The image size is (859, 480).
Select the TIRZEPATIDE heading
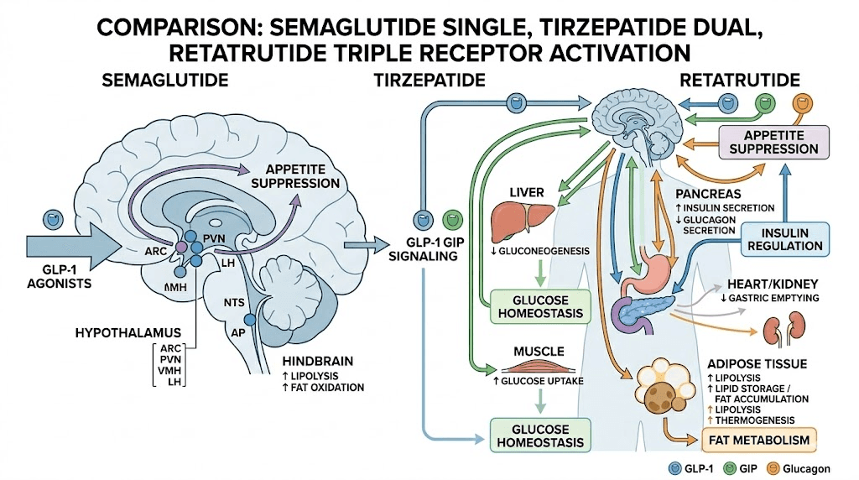(429, 81)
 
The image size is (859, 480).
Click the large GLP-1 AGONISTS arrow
(75, 246)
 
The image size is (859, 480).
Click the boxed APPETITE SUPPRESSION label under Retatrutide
(773, 141)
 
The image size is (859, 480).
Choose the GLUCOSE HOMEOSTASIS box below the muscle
(537, 435)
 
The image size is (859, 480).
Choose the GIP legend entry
(750, 467)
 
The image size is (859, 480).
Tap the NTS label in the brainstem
(233, 301)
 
